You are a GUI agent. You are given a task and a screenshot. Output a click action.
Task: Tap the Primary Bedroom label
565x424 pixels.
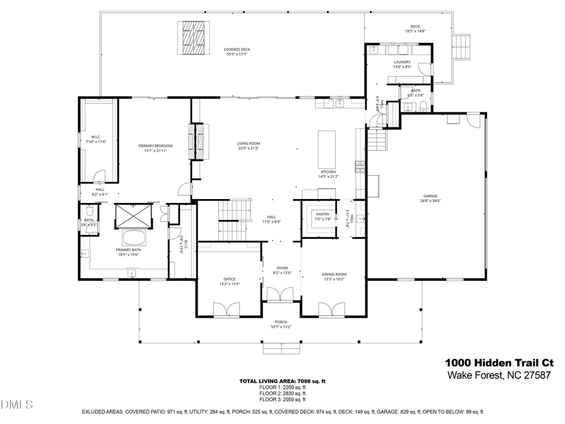pyautogui.click(x=155, y=146)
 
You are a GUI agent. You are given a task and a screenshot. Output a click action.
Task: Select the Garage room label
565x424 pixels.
pyautogui.click(x=429, y=195)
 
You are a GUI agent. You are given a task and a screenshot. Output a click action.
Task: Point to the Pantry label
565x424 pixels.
pyautogui.click(x=323, y=214)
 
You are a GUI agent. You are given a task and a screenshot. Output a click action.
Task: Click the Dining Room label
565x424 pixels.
pyautogui.click(x=334, y=274)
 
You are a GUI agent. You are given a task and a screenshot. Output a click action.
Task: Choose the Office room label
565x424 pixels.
pyautogui.click(x=229, y=279)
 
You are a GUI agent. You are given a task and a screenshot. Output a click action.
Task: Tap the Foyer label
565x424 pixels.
pyautogui.click(x=282, y=268)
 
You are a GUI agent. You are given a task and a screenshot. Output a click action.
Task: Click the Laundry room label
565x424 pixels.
pyautogui.click(x=402, y=62)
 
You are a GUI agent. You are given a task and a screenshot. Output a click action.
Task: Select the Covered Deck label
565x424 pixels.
pyautogui.click(x=237, y=50)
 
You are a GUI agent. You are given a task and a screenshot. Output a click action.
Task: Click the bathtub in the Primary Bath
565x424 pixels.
pyautogui.click(x=133, y=238)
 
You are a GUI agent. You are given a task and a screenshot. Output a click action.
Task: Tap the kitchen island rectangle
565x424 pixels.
pyautogui.click(x=327, y=146)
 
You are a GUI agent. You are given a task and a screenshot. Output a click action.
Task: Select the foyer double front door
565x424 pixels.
pyautogui.click(x=277, y=294)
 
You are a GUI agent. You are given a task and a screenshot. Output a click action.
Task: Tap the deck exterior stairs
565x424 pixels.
pyautogui.click(x=463, y=45)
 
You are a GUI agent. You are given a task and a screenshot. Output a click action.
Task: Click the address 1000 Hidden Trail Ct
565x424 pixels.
pyautogui.click(x=499, y=362)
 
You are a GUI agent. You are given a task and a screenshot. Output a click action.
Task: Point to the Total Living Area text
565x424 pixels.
pyautogui.click(x=282, y=381)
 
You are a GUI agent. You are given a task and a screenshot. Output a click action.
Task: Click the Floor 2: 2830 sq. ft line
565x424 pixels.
pyautogui.click(x=282, y=393)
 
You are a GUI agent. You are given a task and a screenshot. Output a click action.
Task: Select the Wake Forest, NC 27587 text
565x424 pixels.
pyautogui.click(x=499, y=376)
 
